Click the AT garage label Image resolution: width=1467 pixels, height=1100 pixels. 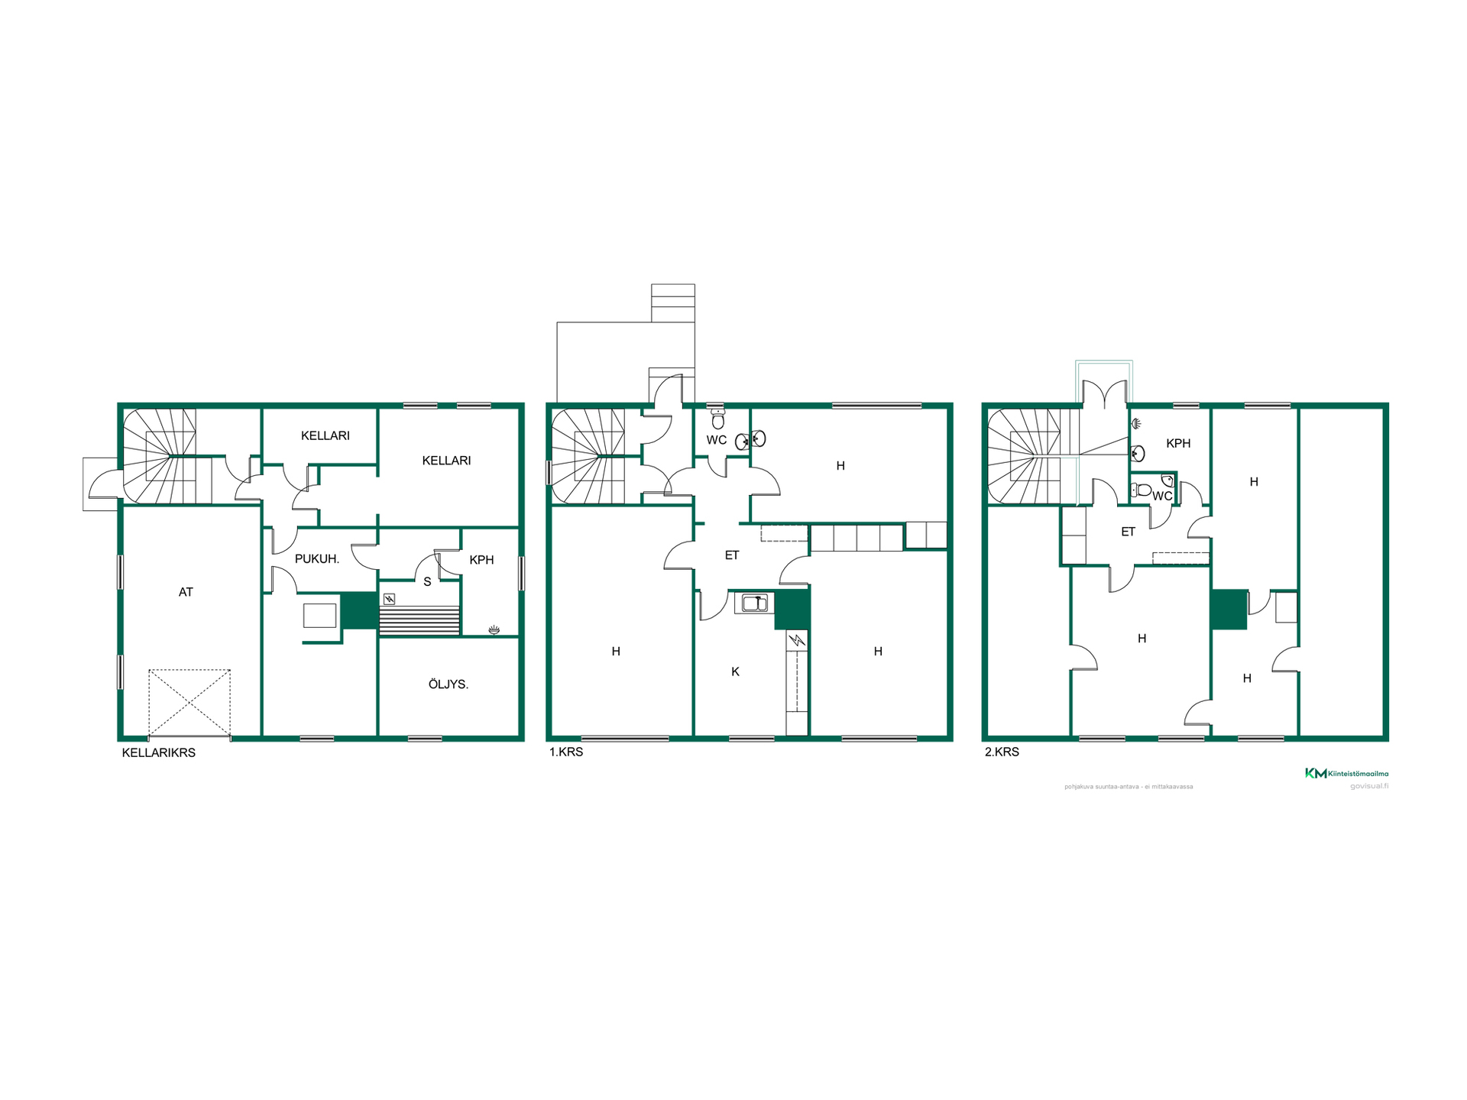(x=186, y=592)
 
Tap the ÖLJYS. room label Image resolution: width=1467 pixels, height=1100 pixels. (x=449, y=684)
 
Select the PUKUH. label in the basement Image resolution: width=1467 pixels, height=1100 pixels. (x=317, y=559)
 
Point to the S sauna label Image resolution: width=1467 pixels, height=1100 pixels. (x=427, y=582)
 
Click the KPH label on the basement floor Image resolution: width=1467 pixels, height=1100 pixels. (x=481, y=560)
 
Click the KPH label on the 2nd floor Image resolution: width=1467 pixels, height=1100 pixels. (x=1178, y=443)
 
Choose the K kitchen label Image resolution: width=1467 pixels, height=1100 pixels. (x=735, y=672)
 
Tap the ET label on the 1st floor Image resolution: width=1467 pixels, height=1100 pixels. (x=732, y=555)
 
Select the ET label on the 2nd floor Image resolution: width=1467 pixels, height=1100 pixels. (x=1128, y=532)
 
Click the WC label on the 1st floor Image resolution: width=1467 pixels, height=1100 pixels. (x=717, y=440)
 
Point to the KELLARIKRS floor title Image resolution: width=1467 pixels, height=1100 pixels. (x=159, y=752)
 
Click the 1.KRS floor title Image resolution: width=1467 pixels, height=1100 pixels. (x=566, y=752)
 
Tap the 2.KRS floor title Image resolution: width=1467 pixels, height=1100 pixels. (x=1002, y=752)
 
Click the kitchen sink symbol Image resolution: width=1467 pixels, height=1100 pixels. (x=755, y=603)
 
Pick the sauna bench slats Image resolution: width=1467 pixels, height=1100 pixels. (x=419, y=620)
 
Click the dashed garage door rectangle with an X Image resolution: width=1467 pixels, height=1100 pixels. (x=189, y=703)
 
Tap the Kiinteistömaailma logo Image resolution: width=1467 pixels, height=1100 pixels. (x=1346, y=774)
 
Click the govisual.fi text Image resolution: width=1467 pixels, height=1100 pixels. (x=1369, y=786)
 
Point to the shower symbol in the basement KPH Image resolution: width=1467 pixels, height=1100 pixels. (x=494, y=629)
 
